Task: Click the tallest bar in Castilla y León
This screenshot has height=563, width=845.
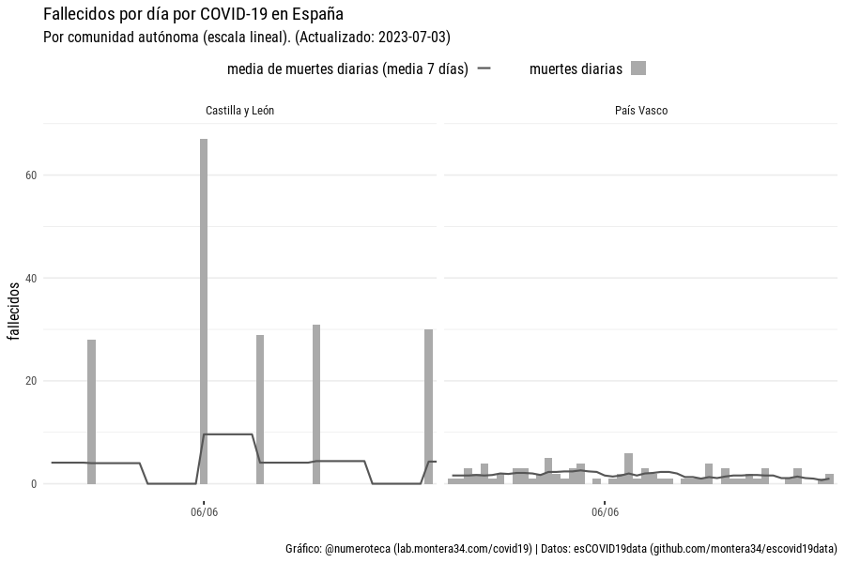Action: [x=204, y=310]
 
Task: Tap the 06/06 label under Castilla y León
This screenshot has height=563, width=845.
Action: [x=204, y=513]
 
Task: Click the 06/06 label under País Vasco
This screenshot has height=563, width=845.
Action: [x=606, y=513]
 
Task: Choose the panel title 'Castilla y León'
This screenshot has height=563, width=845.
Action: [x=239, y=111]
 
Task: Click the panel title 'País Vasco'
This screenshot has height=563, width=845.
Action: [x=641, y=111]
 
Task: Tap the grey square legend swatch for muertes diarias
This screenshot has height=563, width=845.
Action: [x=638, y=68]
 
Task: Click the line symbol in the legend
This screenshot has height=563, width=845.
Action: [x=484, y=68]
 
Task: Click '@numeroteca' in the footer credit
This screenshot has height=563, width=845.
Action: [x=357, y=549]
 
